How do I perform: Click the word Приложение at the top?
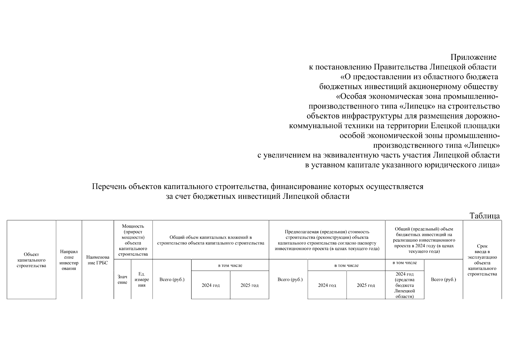[473, 57]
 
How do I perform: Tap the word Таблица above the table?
[485, 216]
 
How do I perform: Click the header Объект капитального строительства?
[31, 260]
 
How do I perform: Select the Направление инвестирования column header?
[69, 260]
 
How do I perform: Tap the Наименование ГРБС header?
[97, 260]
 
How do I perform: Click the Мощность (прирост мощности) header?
[133, 240]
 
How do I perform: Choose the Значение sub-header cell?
[122, 280]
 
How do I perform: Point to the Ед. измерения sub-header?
[142, 280]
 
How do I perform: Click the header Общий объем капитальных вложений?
[211, 240]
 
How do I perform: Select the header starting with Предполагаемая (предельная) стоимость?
[327, 240]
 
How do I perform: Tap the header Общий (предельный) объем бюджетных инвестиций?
[424, 240]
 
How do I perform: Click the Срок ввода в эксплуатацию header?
[482, 260]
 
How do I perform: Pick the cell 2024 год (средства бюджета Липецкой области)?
[405, 285]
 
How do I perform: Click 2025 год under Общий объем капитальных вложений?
[250, 285]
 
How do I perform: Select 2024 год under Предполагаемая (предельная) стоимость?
[327, 285]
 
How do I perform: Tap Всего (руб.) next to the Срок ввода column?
[444, 280]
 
